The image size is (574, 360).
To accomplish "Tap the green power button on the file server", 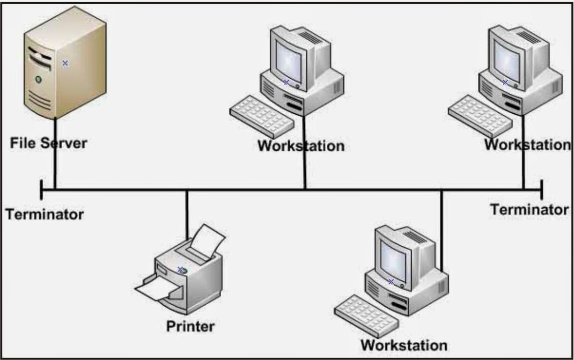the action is point(38,80).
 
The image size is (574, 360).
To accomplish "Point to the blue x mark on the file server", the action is point(65,63).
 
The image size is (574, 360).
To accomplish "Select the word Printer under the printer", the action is point(190,326).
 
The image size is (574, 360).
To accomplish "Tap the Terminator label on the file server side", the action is point(44,214).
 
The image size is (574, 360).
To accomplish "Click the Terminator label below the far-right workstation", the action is point(529,209).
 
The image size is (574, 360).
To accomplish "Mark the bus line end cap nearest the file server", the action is point(42,190).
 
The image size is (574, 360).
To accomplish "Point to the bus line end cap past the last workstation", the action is point(542,190).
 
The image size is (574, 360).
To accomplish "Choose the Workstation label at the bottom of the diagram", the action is point(404,345).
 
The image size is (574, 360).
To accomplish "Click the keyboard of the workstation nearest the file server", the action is point(261,117).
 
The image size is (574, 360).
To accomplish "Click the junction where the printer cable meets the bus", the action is point(187,190).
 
